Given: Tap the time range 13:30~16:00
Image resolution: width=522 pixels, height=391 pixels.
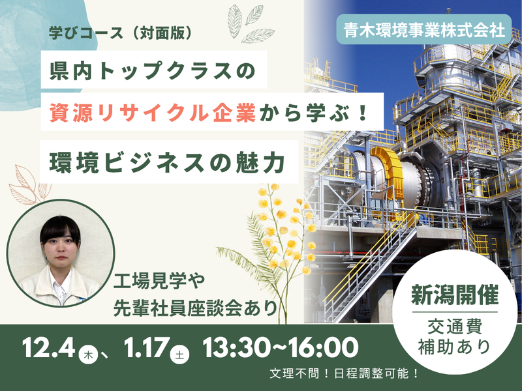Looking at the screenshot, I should point(281,347).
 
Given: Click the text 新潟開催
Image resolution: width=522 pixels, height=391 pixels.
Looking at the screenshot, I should point(454,295).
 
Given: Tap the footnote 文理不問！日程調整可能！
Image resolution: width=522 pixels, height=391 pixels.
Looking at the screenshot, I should point(343,375).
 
